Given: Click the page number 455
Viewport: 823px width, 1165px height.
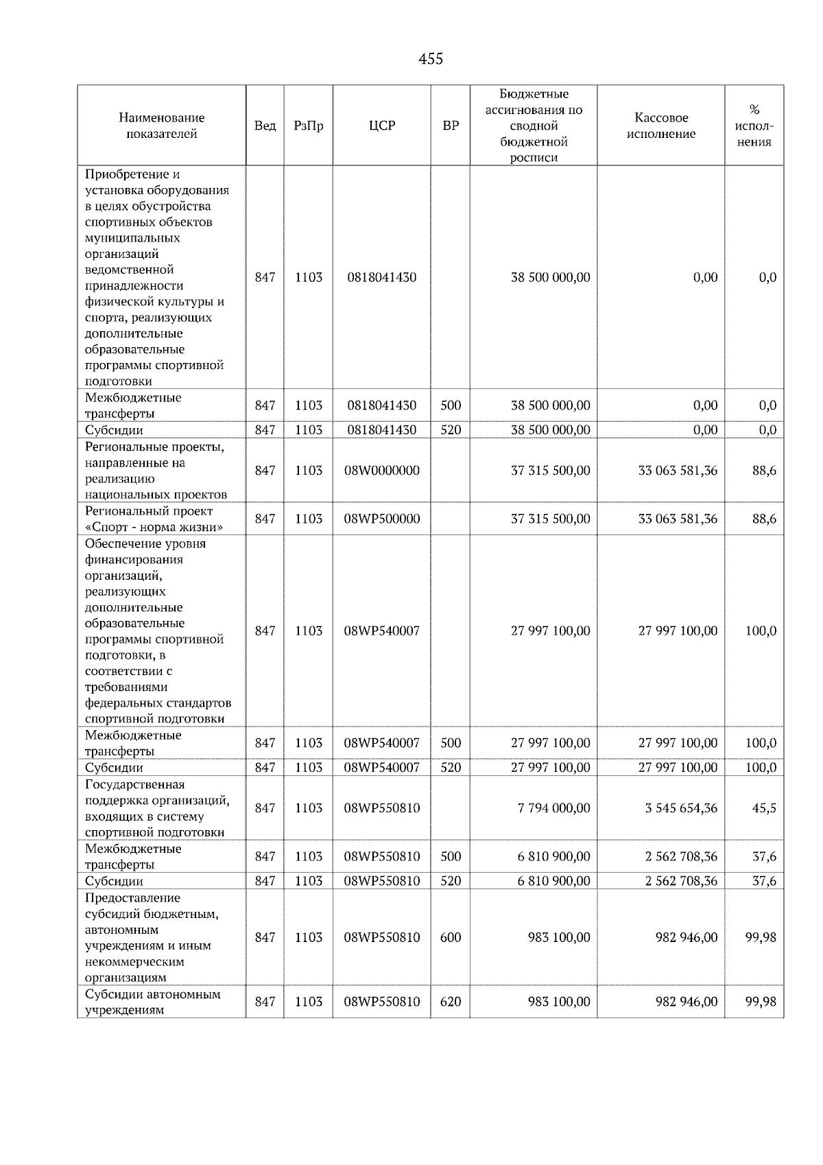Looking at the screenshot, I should tap(431, 59).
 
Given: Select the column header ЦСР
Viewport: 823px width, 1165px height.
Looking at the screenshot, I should tap(382, 126).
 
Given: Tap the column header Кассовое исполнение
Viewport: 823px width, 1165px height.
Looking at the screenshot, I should tap(660, 126).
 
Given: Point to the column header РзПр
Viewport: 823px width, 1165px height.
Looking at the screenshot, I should tap(308, 126).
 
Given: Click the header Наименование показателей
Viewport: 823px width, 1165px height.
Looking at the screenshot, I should tap(161, 126).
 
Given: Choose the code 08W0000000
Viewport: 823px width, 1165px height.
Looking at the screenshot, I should tap(382, 471).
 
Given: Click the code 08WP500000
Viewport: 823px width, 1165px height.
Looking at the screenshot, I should tap(382, 519).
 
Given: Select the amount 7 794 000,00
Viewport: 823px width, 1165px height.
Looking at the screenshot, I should tap(553, 808).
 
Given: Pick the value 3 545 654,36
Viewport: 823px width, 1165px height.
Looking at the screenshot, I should tap(680, 808).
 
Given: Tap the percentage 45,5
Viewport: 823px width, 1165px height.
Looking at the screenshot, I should tap(764, 808).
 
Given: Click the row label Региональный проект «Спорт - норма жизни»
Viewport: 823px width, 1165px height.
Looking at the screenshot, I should tap(154, 519).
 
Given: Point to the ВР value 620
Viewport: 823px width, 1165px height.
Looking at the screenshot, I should tap(451, 1002).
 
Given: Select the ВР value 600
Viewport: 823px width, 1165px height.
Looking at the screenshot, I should tap(451, 937).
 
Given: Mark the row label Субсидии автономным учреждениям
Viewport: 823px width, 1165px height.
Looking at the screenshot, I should tap(152, 1002).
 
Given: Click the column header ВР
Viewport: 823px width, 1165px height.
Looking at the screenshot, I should tap(451, 126).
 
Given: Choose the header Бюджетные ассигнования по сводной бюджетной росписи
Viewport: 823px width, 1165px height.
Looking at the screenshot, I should tap(534, 126).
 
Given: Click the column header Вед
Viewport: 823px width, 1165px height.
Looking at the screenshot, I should tap(265, 126).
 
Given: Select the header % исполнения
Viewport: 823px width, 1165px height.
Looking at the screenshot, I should tap(754, 126).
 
